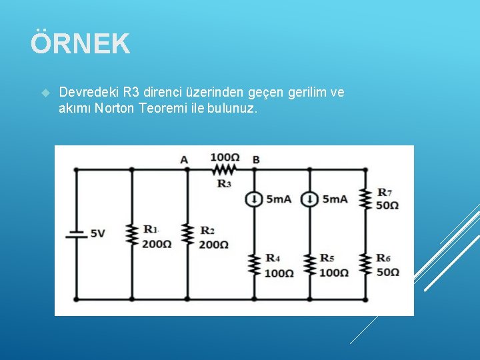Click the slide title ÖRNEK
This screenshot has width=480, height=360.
[80, 44]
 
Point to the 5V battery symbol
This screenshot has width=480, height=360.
[75, 234]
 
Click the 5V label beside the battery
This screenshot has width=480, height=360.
[97, 234]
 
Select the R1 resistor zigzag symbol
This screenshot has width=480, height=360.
[131, 234]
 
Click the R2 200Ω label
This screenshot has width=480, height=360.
[213, 238]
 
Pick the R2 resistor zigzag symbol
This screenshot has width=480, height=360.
[187, 234]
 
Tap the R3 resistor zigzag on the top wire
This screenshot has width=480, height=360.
[225, 169]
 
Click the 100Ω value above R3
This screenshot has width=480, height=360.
[225, 157]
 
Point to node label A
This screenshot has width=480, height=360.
[184, 160]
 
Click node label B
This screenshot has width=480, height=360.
[256, 160]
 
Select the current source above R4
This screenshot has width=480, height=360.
[254, 199]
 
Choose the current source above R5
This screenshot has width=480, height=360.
[309, 199]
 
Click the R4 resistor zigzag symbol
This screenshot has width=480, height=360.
[254, 265]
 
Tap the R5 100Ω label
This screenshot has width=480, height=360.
[333, 265]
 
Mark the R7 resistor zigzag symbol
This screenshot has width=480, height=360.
[365, 199]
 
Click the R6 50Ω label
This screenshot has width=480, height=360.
[387, 265]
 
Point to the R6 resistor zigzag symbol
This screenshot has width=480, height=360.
[365, 265]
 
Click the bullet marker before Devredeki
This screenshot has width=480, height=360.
[45, 93]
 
